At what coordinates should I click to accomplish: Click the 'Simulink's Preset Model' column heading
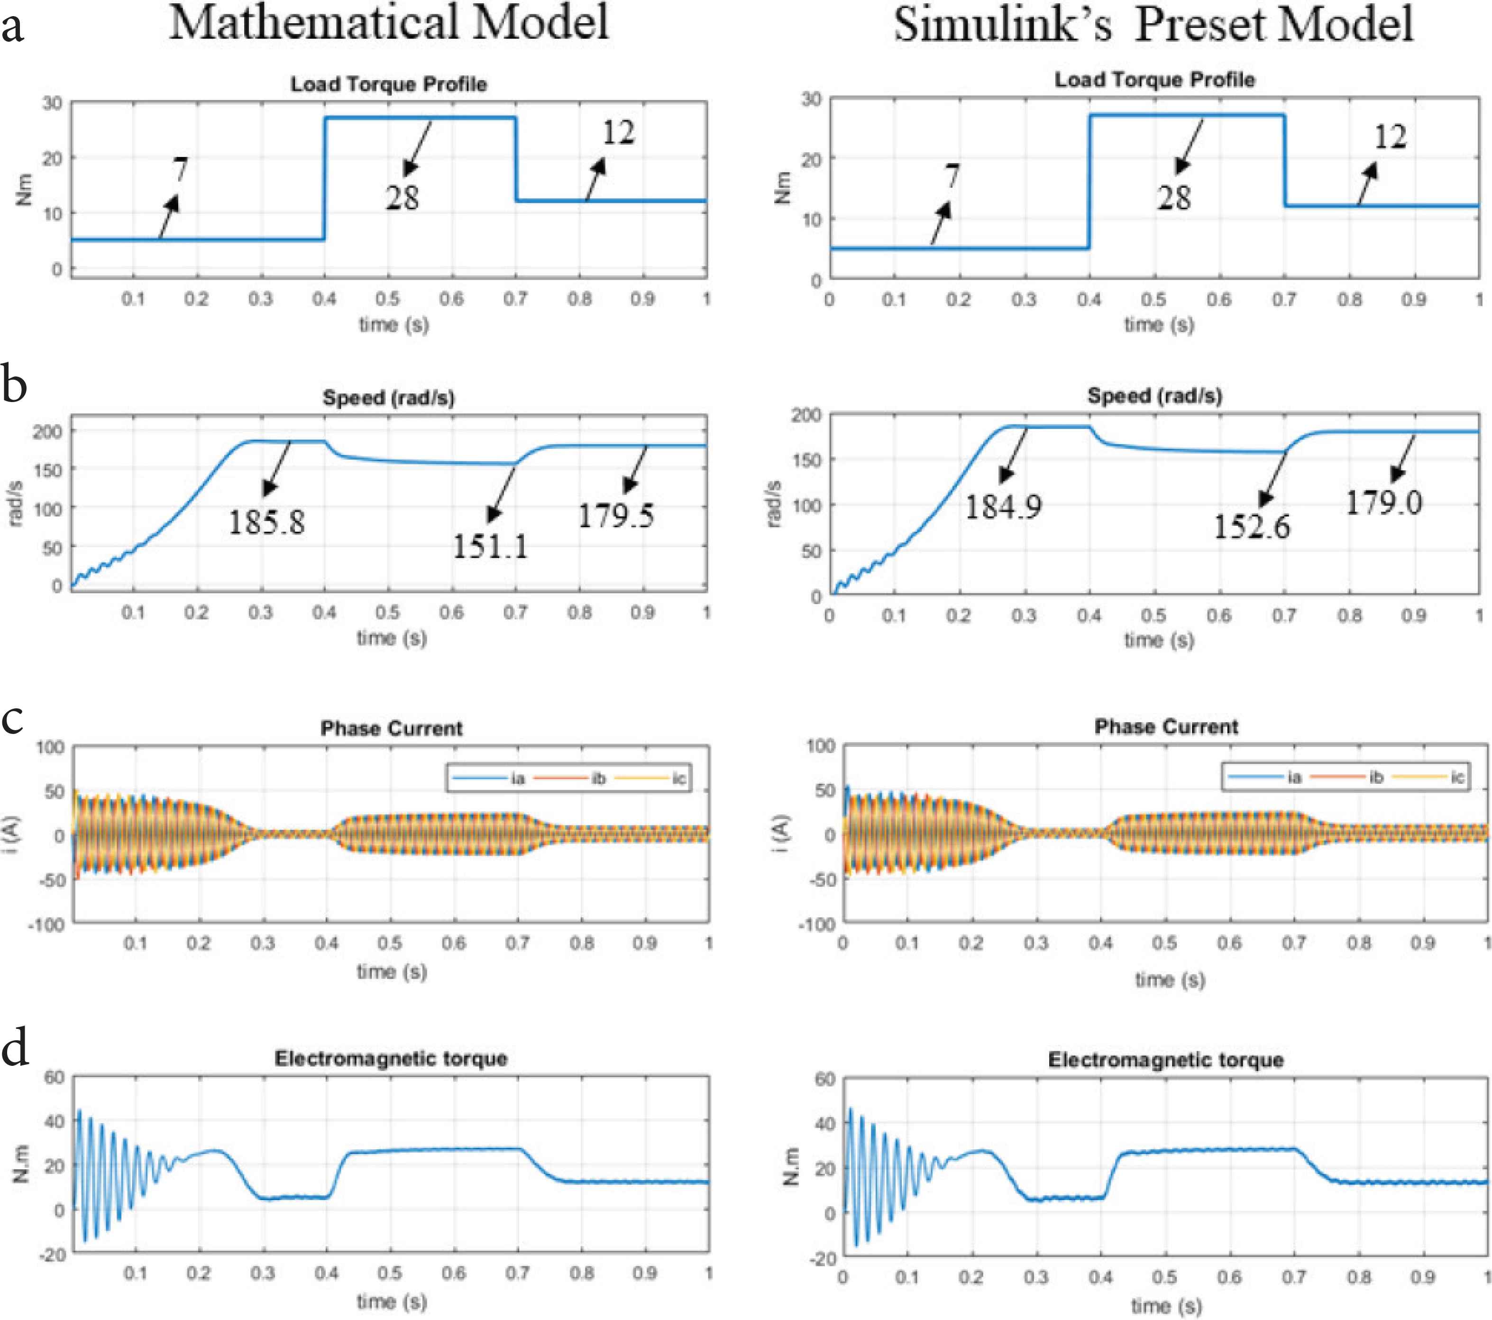[x=1153, y=24]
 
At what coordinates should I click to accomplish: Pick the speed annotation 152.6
[x=1251, y=526]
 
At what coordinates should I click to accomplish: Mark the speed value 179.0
[x=1383, y=502]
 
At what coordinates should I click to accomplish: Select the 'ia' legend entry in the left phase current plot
[x=518, y=778]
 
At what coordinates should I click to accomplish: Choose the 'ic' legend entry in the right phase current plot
[x=1457, y=777]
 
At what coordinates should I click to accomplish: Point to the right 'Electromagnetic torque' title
[x=1166, y=1060]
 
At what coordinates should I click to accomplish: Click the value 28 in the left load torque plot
[x=402, y=198]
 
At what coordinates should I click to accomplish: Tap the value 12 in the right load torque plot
[x=1390, y=137]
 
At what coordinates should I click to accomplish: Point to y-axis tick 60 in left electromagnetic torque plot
[x=54, y=1078]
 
